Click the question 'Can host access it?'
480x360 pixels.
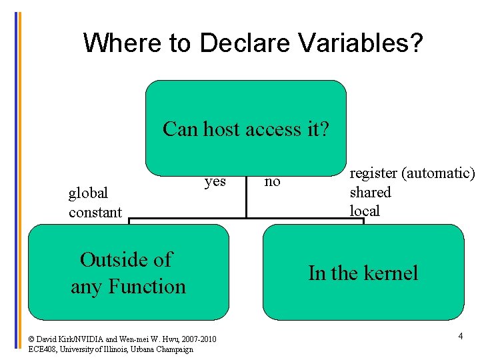pos(245,129)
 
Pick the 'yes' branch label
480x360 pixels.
pos(215,181)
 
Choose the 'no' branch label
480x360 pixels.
pos(272,181)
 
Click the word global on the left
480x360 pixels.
pos(88,193)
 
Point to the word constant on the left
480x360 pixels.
pos(95,213)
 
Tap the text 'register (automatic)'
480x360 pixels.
pos(412,173)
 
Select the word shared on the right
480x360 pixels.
pos(370,193)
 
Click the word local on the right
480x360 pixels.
pos(365,211)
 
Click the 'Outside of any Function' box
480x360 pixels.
pos(128,272)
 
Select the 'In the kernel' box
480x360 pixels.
pos(363,272)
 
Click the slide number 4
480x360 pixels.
pos(460,337)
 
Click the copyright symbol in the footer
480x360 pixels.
pos(32,339)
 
